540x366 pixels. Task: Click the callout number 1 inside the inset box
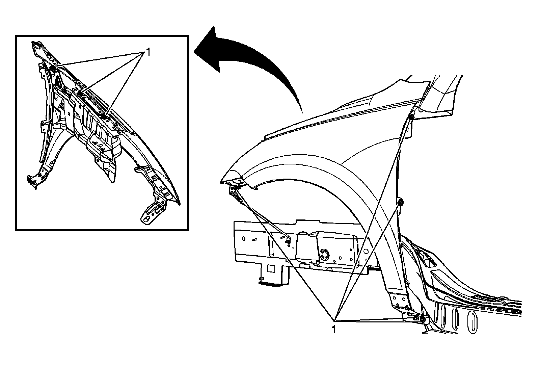coord(147,52)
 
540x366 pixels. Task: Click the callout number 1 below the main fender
coord(334,329)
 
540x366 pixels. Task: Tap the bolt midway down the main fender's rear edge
coord(401,202)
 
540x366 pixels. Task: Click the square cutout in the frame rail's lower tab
coord(270,268)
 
